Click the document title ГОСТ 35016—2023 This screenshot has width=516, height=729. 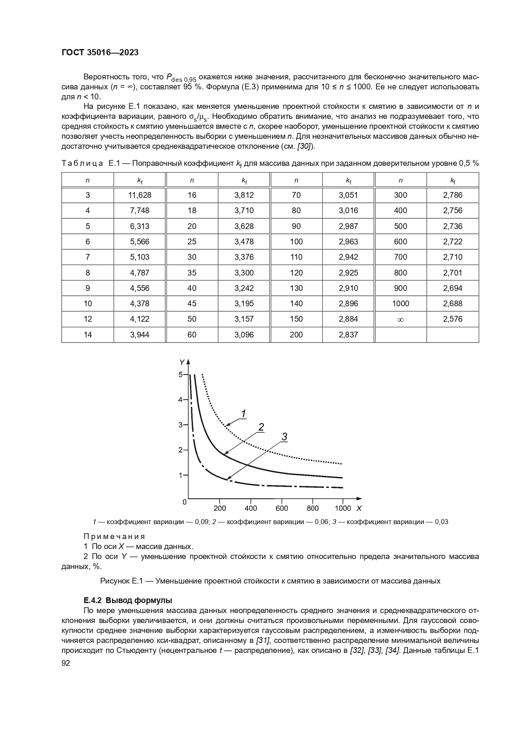pyautogui.click(x=100, y=52)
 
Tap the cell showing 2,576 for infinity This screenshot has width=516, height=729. pyautogui.click(x=452, y=319)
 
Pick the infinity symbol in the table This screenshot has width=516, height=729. pyautogui.click(x=400, y=319)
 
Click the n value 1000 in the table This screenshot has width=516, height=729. pyautogui.click(x=400, y=303)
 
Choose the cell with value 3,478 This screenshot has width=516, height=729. pyautogui.click(x=244, y=241)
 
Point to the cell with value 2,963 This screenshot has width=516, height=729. pyautogui.click(x=348, y=241)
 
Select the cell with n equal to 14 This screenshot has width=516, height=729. pyautogui.click(x=88, y=335)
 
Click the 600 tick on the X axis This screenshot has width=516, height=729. pyautogui.click(x=281, y=508)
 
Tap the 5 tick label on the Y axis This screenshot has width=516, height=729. pyautogui.click(x=180, y=374)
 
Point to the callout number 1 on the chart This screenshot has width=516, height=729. pyautogui.click(x=244, y=413)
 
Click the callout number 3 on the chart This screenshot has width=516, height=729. pyautogui.click(x=284, y=436)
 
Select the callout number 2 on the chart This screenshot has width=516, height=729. pyautogui.click(x=261, y=426)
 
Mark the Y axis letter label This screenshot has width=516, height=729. pyautogui.click(x=181, y=362)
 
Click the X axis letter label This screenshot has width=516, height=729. pyautogui.click(x=358, y=508)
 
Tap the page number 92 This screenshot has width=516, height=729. pyautogui.click(x=66, y=663)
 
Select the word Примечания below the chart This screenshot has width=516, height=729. pyautogui.click(x=114, y=536)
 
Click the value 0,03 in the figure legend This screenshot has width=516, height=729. pyautogui.click(x=441, y=522)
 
